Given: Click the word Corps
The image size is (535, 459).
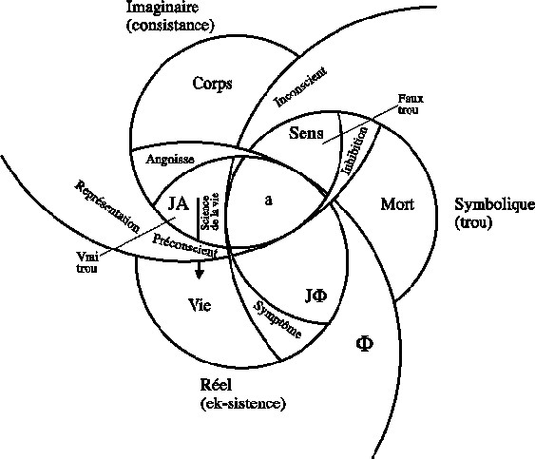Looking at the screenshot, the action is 212,84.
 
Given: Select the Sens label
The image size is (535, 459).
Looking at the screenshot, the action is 306,133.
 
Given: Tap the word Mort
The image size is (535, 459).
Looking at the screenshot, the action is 397,204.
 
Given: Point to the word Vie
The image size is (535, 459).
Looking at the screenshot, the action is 200,305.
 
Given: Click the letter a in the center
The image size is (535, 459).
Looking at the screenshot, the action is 269,201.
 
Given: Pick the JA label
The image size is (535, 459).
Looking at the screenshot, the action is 179,204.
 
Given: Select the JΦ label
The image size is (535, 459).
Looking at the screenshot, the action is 315,296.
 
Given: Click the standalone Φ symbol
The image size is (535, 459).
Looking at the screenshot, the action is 364,344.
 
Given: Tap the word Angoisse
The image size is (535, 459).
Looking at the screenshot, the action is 170,160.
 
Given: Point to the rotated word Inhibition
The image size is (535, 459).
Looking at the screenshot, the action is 355,150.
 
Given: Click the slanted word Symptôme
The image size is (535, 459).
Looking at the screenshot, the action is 277,319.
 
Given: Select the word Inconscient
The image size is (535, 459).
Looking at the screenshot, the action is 300,86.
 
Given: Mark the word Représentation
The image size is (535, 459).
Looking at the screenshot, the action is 106,207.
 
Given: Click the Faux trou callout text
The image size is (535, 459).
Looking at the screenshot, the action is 411,105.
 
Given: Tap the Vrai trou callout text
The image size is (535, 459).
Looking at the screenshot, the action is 87,261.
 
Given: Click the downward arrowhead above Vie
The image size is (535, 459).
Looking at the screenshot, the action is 199,274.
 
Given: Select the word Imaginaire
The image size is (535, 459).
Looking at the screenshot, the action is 162,8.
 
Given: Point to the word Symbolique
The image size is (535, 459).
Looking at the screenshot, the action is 495,204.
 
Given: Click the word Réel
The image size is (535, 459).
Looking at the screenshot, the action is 216,385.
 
